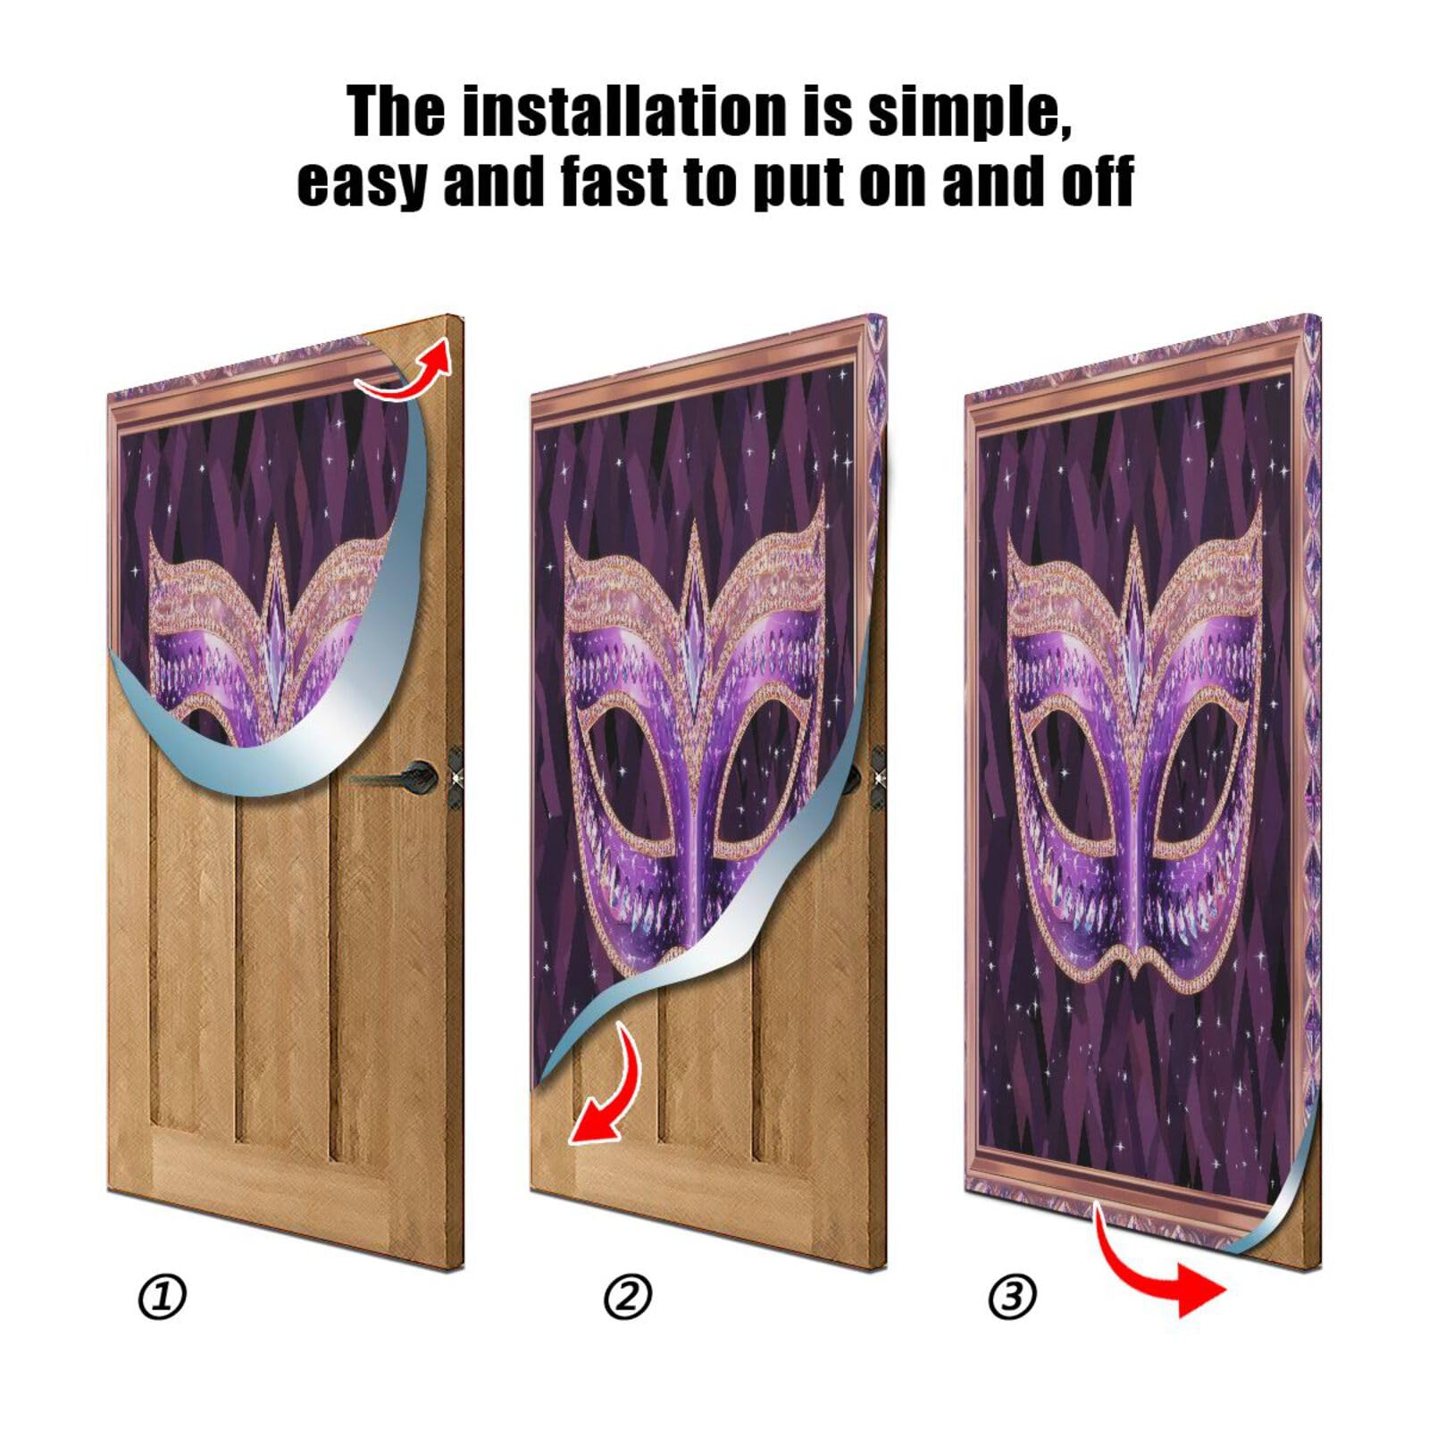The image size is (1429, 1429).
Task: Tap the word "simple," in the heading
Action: click(x=970, y=114)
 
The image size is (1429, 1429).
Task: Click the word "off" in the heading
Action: click(x=1097, y=181)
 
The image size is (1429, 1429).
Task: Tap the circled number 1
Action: click(x=163, y=1298)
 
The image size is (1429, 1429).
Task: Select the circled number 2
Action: click(x=628, y=1297)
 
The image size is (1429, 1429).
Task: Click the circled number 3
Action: click(x=1013, y=1297)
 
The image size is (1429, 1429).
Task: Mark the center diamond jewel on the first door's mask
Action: click(x=274, y=625)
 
